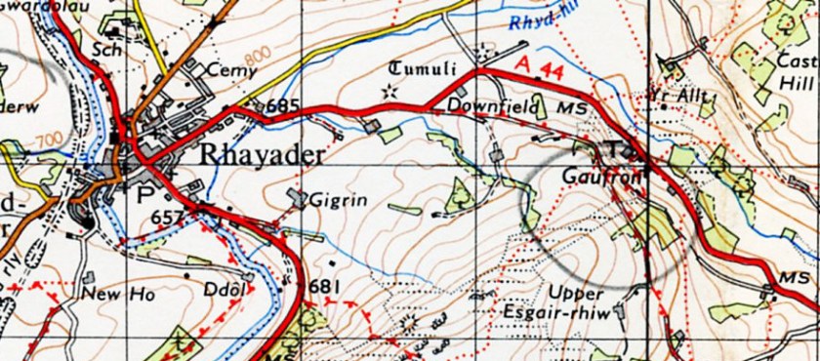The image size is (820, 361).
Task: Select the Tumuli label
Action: pyautogui.click(x=423, y=68)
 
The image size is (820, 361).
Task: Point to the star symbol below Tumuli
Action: pyautogui.click(x=390, y=91)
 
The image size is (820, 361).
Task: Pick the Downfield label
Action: pyautogui.click(x=480, y=104)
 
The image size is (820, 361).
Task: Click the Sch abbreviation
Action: pyautogui.click(x=102, y=48)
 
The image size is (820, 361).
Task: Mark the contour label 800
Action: pyautogui.click(x=256, y=61)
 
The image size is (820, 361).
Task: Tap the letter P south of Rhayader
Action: pyautogui.click(x=146, y=193)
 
